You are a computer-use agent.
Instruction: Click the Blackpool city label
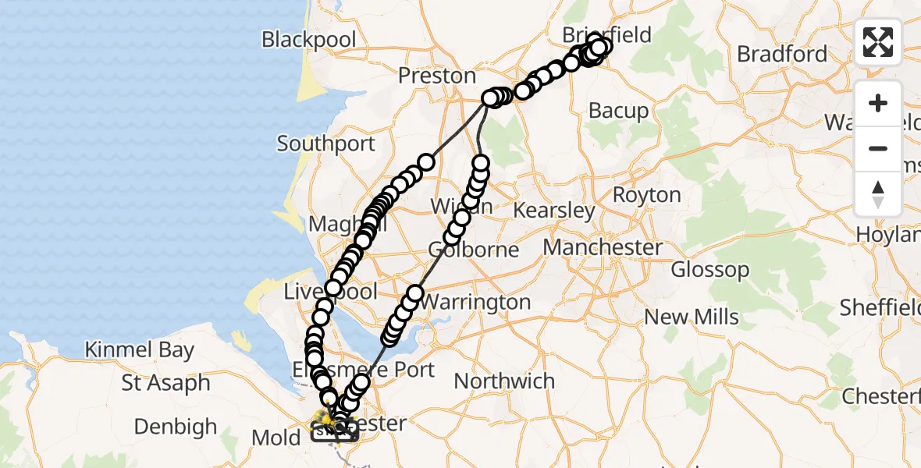pyautogui.click(x=309, y=39)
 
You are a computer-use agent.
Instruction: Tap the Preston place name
pyautogui.click(x=437, y=76)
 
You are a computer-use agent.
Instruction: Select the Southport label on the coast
pyautogui.click(x=326, y=144)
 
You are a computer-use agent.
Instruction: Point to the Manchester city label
pyautogui.click(x=603, y=248)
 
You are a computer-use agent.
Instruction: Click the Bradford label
pyautogui.click(x=782, y=54)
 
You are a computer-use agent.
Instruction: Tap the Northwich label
pyautogui.click(x=504, y=381)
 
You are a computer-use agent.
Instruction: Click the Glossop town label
pyautogui.click(x=710, y=270)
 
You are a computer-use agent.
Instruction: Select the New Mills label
pyautogui.click(x=691, y=317)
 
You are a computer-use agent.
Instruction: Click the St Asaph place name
pyautogui.click(x=166, y=384)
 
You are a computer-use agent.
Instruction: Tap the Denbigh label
pyautogui.click(x=176, y=427)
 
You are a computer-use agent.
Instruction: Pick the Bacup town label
pyautogui.click(x=618, y=111)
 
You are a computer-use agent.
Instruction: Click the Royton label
pyautogui.click(x=647, y=194)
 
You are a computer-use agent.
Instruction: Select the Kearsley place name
pyautogui.click(x=554, y=211)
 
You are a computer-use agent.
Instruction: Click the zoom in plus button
pyautogui.click(x=878, y=103)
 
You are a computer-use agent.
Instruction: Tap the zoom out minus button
pyautogui.click(x=878, y=148)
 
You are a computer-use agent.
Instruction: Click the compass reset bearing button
pyautogui.click(x=878, y=193)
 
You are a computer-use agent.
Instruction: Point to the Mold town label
pyautogui.click(x=276, y=438)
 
